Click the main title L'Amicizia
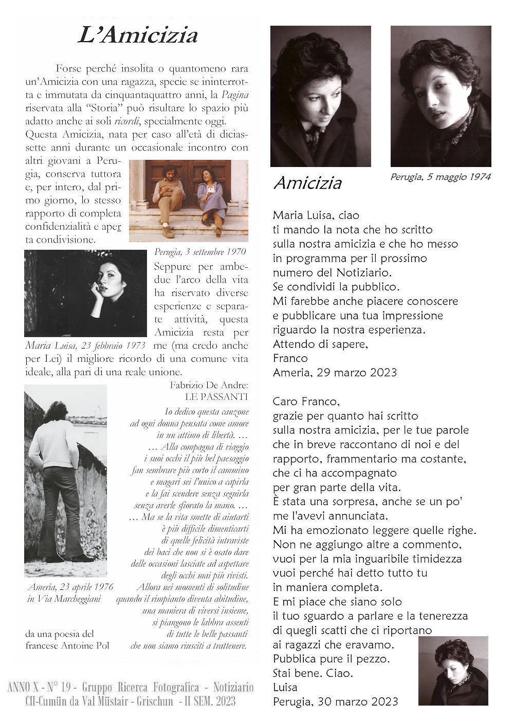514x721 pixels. coord(138,35)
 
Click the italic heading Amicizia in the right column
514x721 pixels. coord(307,183)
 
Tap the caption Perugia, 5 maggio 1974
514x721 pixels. coord(440,177)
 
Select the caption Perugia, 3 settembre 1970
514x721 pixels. coord(200,252)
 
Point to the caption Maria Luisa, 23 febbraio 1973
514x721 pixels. coord(85,345)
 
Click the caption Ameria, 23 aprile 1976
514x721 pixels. coord(71,587)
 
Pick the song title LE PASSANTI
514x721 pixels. coord(216,397)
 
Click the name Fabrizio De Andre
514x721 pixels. coord(209,385)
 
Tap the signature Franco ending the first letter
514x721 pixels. coord(290,358)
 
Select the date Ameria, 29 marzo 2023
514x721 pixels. coord(335,373)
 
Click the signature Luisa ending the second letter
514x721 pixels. coord(285,687)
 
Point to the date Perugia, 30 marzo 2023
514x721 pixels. coord(336,701)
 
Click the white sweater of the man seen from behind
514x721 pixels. coord(53,445)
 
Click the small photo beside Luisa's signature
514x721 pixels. coord(453,670)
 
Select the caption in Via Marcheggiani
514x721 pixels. coord(64,599)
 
